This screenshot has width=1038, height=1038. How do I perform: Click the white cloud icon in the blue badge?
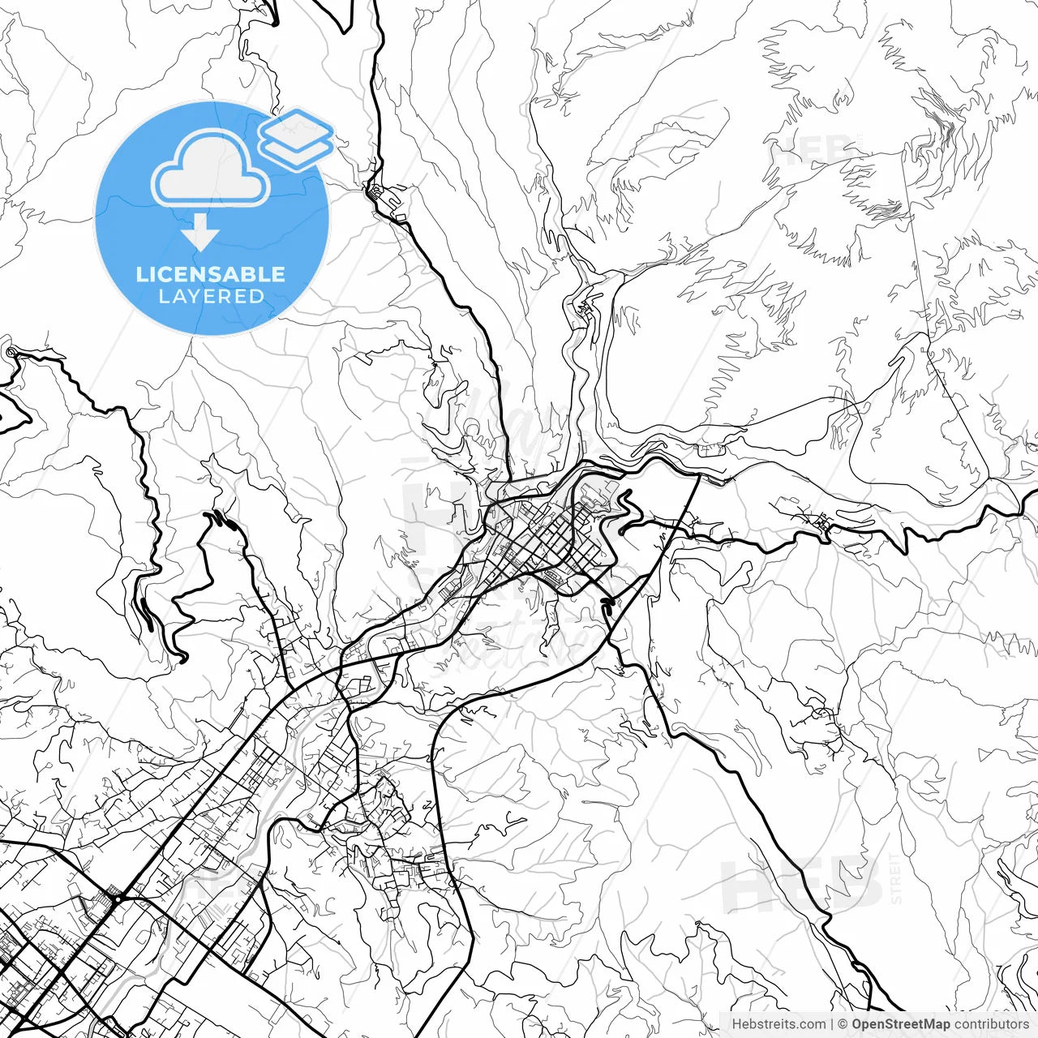pyautogui.click(x=210, y=170)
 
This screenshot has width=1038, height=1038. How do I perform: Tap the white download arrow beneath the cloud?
pyautogui.click(x=200, y=234)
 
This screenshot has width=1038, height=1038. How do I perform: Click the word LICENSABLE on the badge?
pyautogui.click(x=211, y=274)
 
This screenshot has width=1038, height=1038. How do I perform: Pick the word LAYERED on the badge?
pyautogui.click(x=211, y=297)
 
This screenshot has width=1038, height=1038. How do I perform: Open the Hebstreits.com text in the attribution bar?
pyautogui.click(x=778, y=1024)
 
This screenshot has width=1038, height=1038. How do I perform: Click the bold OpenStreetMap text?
pyautogui.click(x=900, y=1024)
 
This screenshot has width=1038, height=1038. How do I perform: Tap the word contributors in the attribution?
pyautogui.click(x=991, y=1024)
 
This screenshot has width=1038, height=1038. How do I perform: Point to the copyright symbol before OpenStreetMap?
pyautogui.click(x=843, y=1024)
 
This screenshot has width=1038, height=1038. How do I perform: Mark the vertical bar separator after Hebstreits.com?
pyautogui.click(x=833, y=1024)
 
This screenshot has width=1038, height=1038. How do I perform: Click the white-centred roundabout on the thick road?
pyautogui.click(x=118, y=899)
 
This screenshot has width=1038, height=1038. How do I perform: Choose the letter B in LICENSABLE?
pyautogui.click(x=253, y=274)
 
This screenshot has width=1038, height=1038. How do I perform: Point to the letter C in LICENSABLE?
pyautogui.click(x=168, y=274)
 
